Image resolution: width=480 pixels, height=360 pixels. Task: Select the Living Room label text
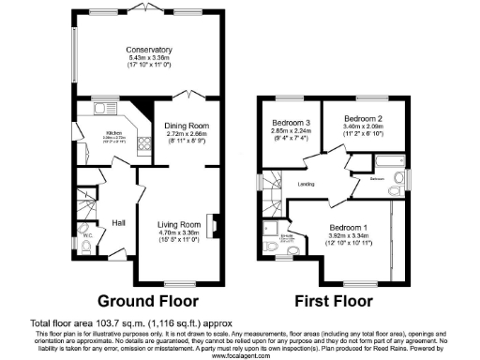coord(178,225)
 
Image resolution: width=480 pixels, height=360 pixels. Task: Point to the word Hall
coord(119,222)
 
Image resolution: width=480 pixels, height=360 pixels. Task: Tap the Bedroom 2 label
coord(361,119)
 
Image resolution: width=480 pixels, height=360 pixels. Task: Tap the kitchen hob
coord(143,143)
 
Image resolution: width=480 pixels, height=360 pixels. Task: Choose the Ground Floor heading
coord(148,302)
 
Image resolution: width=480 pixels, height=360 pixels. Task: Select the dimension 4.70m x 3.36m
coord(178,233)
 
